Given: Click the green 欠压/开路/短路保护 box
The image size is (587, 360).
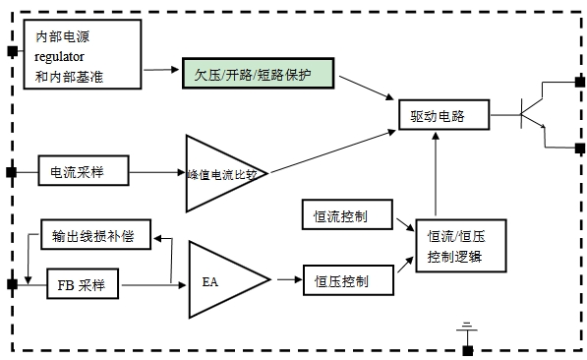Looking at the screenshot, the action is pyautogui.click(x=258, y=74).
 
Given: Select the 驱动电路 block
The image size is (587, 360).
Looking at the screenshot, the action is pyautogui.click(x=444, y=115).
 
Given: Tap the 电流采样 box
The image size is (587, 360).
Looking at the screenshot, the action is pyautogui.click(x=84, y=170).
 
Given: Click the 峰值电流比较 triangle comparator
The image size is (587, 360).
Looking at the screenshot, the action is pyautogui.click(x=226, y=173).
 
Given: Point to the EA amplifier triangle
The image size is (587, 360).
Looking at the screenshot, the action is pyautogui.click(x=229, y=279).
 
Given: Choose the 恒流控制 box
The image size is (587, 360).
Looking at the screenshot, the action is pyautogui.click(x=347, y=214).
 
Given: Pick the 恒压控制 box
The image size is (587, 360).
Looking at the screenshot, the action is pyautogui.click(x=348, y=280).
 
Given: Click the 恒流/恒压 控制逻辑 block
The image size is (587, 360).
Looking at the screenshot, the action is pyautogui.click(x=461, y=246).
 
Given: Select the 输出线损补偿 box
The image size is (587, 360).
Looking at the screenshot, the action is pyautogui.click(x=95, y=234).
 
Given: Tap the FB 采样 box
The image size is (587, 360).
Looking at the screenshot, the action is pyautogui.click(x=83, y=283).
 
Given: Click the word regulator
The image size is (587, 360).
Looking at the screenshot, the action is pyautogui.click(x=59, y=57).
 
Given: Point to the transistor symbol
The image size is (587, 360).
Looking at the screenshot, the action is pyautogui.click(x=533, y=113).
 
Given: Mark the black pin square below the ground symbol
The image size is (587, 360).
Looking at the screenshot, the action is pyautogui.click(x=468, y=351).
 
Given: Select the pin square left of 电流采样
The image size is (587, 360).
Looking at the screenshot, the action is pyautogui.click(x=12, y=172).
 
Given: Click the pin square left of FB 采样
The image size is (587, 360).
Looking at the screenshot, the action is pyautogui.click(x=12, y=284).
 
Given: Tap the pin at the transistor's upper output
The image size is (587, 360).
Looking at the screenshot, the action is pyautogui.click(x=580, y=82).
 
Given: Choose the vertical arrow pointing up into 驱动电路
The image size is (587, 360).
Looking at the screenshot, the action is pyautogui.click(x=436, y=174).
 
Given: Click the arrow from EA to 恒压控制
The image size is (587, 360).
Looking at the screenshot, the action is pyautogui.click(x=290, y=279).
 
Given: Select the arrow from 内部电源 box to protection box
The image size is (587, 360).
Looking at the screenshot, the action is pyautogui.click(x=161, y=69).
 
